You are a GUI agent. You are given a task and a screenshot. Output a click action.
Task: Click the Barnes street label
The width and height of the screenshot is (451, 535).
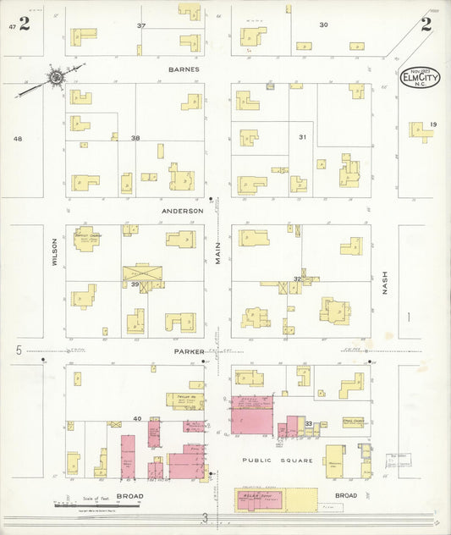click(183, 69)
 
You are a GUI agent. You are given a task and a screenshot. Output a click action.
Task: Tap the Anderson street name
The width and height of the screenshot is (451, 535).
click(183, 210)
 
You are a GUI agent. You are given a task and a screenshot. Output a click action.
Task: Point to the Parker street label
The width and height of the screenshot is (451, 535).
click(189, 350)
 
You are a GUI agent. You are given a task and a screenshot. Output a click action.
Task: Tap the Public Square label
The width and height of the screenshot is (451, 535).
click(278, 461)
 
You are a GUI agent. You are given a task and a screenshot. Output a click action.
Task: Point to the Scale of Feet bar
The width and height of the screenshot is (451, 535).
click(85, 505)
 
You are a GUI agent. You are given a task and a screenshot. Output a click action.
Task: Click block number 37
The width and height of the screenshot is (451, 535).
click(141, 26)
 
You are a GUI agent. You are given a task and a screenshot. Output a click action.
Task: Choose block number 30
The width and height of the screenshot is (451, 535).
click(323, 25)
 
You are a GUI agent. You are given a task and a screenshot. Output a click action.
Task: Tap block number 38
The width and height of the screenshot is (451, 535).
click(135, 137)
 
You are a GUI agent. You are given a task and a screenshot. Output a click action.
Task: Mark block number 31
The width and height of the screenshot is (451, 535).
click(302, 137)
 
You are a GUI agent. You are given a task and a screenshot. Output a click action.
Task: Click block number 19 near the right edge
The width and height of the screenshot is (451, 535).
click(432, 125)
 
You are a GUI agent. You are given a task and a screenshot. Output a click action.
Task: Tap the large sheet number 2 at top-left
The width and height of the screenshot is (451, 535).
click(25, 25)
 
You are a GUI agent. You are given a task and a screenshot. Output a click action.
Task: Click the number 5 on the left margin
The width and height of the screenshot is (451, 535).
click(18, 350)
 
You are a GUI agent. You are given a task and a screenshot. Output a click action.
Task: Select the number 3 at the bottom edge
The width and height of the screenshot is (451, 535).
click(204, 516)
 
